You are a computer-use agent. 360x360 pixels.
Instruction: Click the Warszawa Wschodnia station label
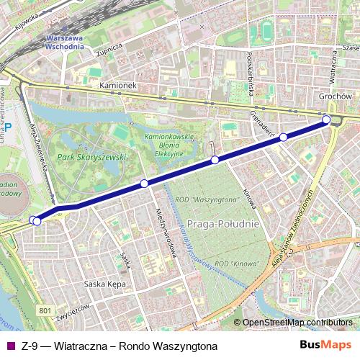pos(64,40)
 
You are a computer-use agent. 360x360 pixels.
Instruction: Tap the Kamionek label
pos(119,85)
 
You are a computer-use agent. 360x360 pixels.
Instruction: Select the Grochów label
pos(334,96)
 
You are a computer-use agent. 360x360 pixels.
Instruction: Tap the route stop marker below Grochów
pos(326,120)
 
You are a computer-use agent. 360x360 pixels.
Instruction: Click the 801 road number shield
pos(46,310)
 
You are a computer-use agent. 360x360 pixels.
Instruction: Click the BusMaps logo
pos(325,346)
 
